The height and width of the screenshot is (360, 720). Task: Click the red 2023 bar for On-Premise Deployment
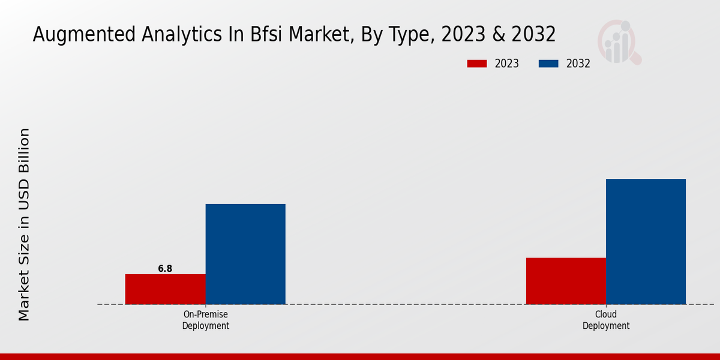pos(165,289)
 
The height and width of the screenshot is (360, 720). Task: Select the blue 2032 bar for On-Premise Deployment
pos(245,254)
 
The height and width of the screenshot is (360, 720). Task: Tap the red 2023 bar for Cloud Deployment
pos(566,281)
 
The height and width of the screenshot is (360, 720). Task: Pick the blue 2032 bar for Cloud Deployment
pos(646,241)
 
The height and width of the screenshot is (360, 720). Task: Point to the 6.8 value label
pos(165,269)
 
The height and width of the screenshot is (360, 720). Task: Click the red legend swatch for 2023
pos(477,64)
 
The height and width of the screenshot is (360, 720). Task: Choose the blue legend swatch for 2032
pos(548,64)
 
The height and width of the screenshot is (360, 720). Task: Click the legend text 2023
pos(506,64)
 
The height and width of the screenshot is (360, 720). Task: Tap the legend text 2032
pos(578,64)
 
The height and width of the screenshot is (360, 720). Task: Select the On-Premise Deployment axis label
pos(205,320)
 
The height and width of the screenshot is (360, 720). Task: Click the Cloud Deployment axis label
pos(606,320)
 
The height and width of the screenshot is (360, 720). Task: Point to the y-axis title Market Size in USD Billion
pos(24,224)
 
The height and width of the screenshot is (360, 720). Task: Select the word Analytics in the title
pos(170,35)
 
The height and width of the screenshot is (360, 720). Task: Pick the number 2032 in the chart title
pos(533,35)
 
